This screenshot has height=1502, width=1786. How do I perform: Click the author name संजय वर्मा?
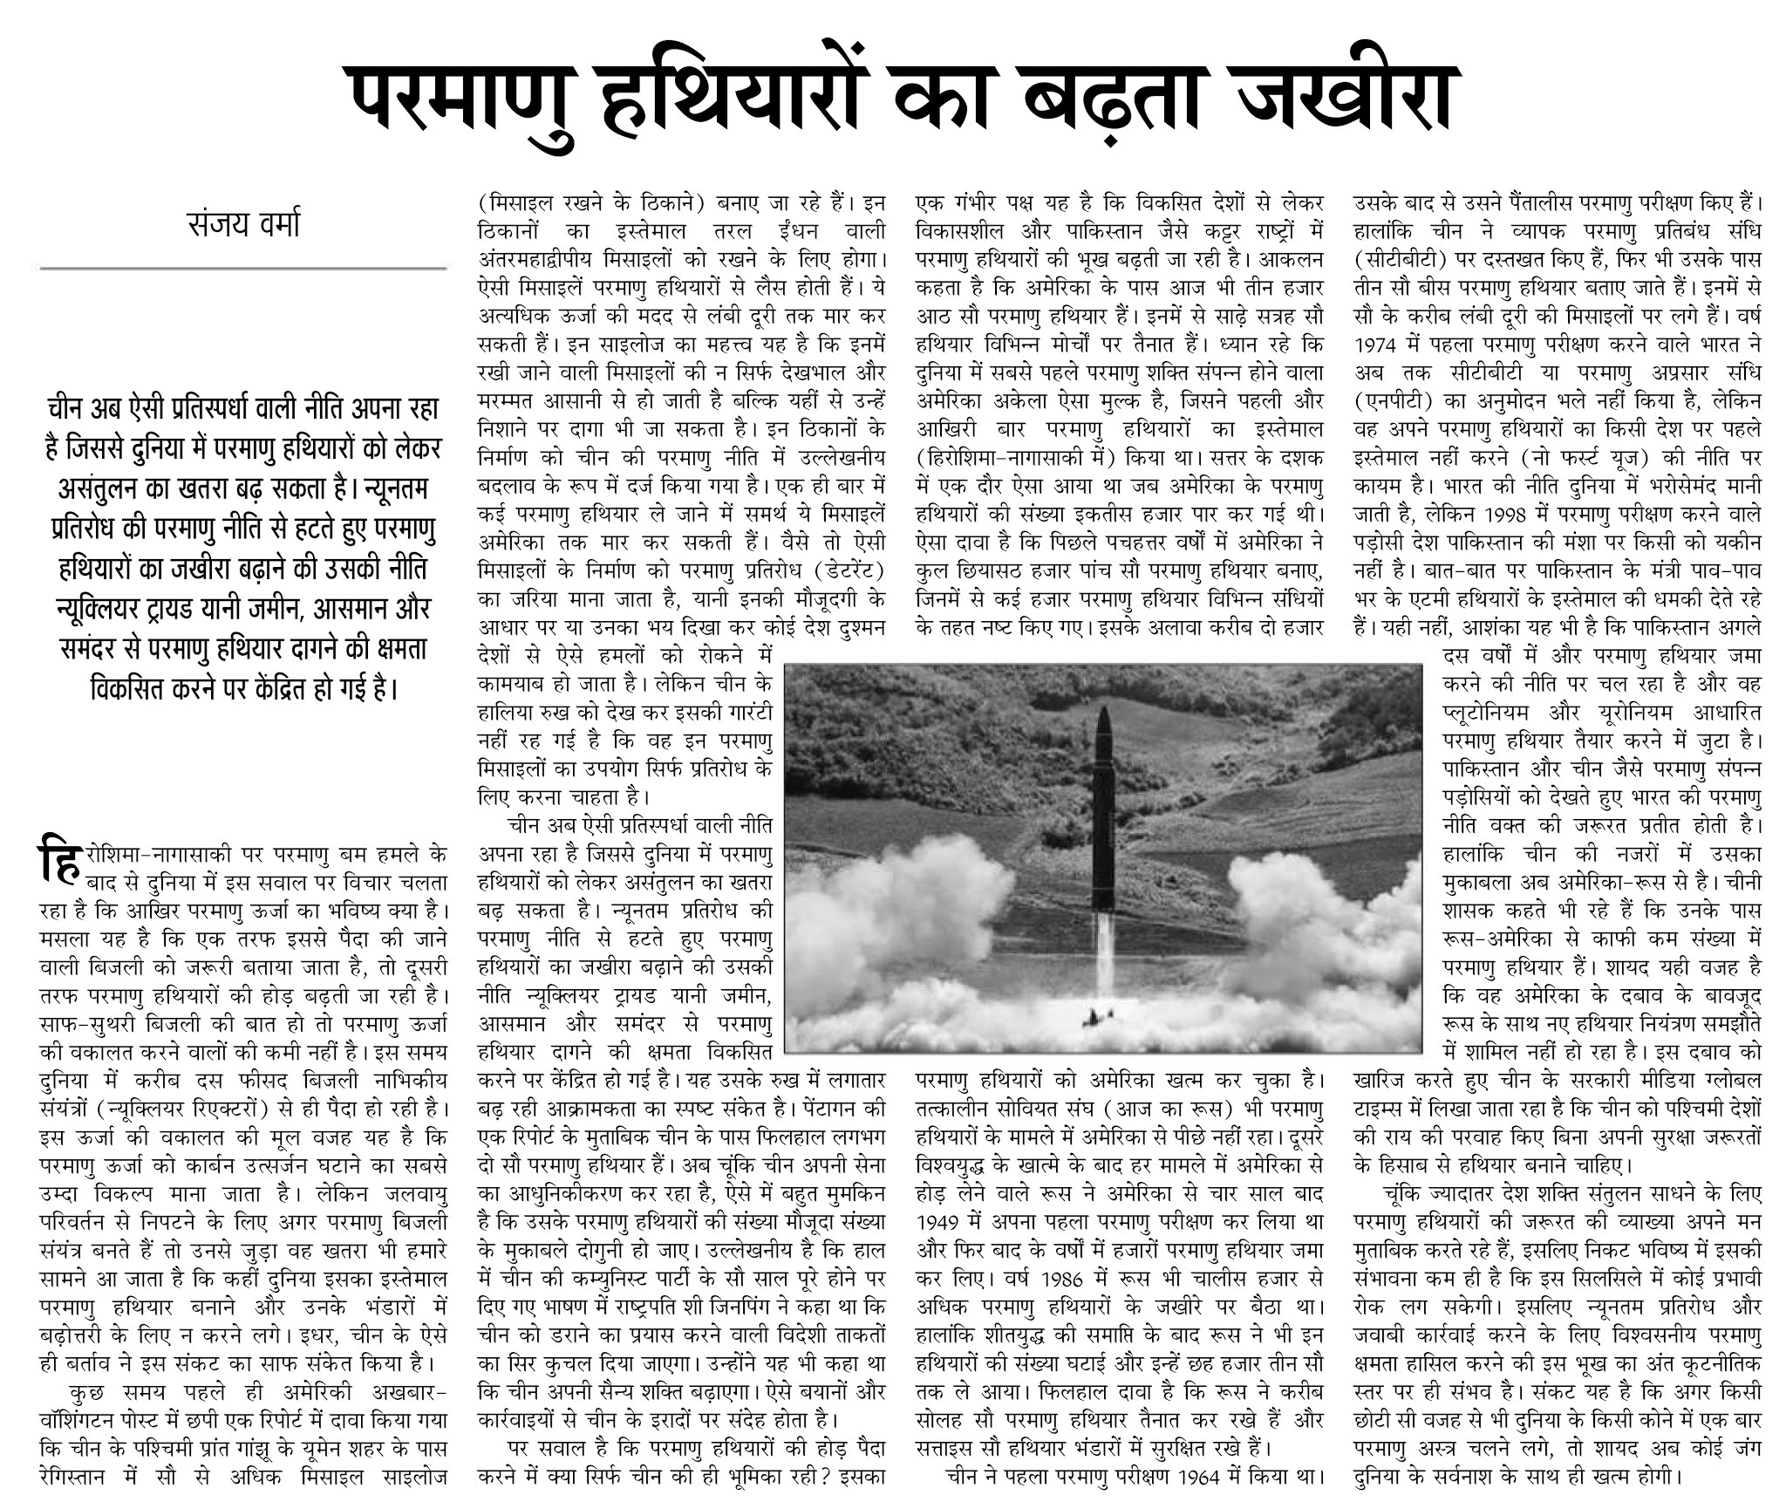tap(244, 224)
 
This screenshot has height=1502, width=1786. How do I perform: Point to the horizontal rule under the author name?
tap(244, 268)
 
